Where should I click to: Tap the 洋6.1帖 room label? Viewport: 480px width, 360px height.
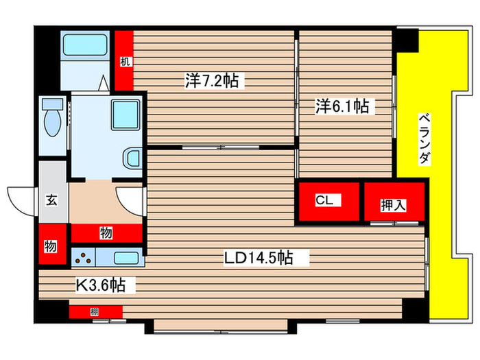pos(342,106)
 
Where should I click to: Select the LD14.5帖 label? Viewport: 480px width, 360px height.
pos(259,258)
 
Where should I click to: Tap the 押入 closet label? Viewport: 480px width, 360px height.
pos(392,205)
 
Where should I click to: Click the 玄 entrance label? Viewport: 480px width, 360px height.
pos(51,200)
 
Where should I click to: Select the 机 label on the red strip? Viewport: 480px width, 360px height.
pos(124,61)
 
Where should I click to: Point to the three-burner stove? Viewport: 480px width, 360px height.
pos(85,259)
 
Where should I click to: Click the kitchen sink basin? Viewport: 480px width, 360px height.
pos(126,259)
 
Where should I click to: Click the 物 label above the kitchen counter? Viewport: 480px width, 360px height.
pos(106,233)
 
